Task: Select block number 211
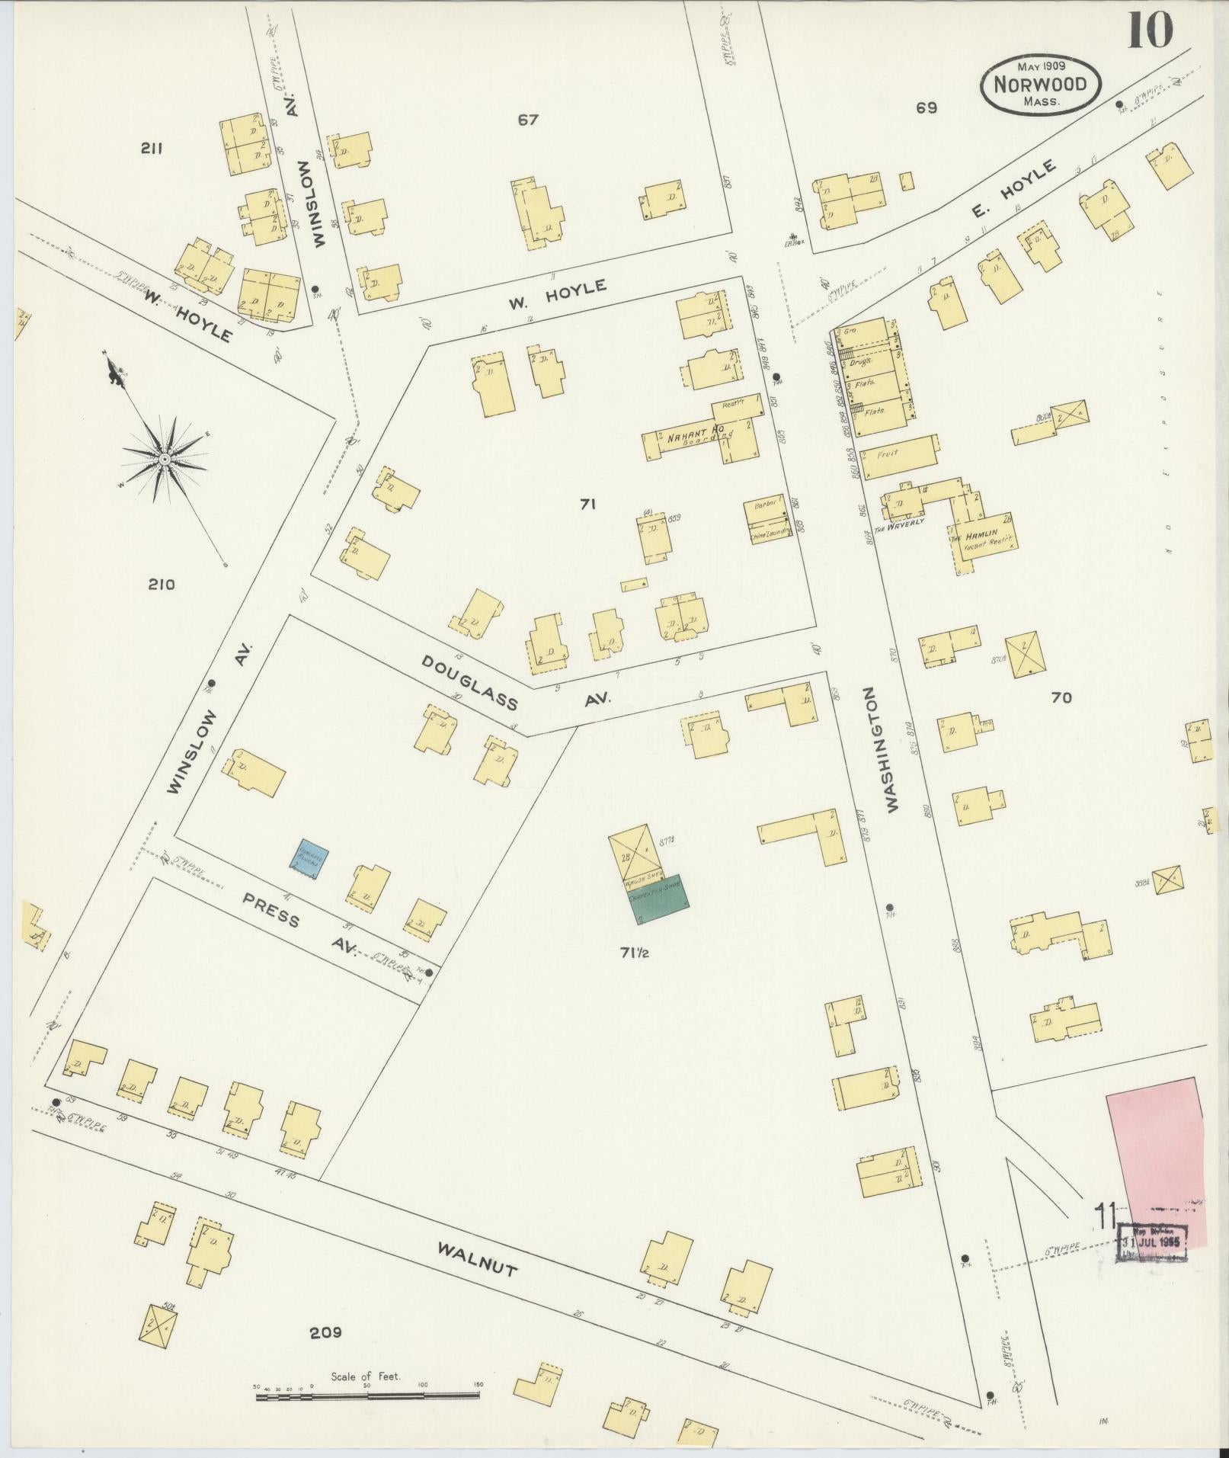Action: coord(152,149)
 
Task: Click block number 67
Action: coord(528,120)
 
